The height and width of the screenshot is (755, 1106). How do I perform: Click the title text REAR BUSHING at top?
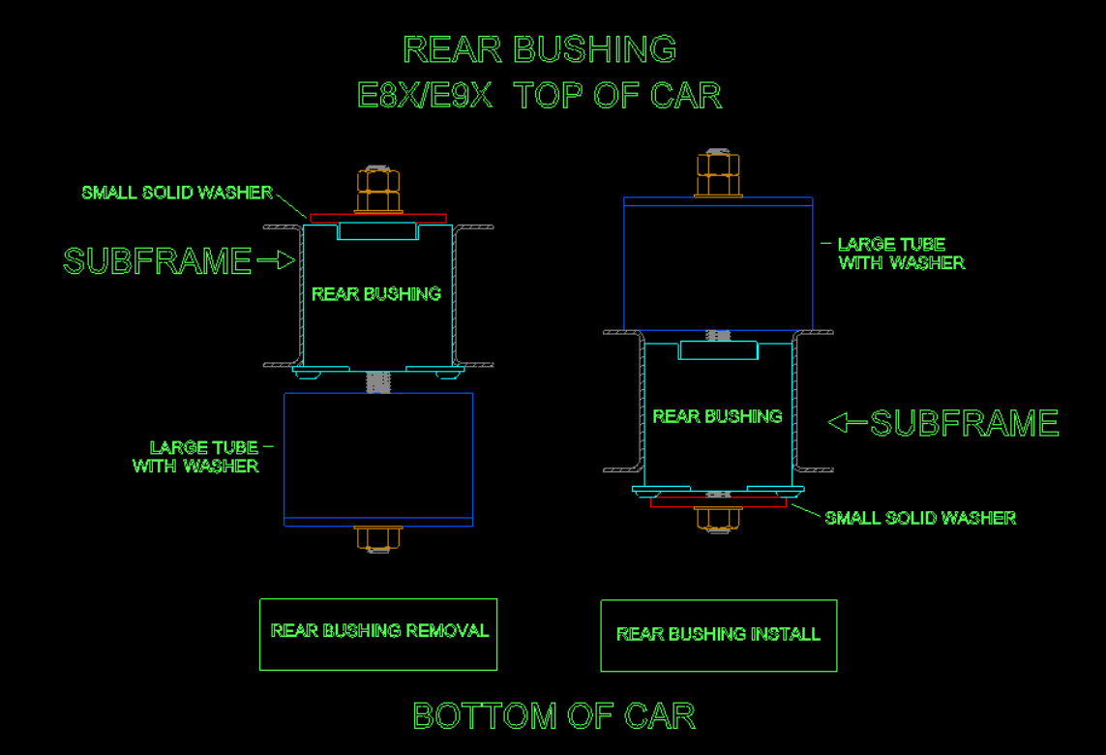click(x=540, y=49)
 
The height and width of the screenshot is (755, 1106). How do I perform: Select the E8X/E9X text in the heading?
click(x=425, y=95)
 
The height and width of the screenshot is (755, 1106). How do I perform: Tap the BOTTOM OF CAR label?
click(x=553, y=716)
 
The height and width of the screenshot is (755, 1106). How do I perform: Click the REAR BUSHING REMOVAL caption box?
click(x=378, y=634)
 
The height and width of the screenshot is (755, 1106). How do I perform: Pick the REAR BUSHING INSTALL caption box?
click(x=719, y=635)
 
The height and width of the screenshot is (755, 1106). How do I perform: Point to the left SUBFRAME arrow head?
click(x=286, y=260)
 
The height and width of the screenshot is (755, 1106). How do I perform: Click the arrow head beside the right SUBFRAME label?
click(x=837, y=423)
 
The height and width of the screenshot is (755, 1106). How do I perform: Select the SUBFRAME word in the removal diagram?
click(x=158, y=261)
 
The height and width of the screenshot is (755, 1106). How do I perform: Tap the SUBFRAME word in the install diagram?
click(x=964, y=423)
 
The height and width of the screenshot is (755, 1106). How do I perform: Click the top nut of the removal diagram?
click(x=378, y=189)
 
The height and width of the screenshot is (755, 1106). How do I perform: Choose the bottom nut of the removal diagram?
click(x=378, y=538)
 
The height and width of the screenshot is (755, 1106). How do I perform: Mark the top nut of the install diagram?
click(x=718, y=173)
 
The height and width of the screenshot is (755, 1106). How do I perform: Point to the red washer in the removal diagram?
click(x=378, y=218)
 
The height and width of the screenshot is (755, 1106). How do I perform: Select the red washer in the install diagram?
click(x=718, y=502)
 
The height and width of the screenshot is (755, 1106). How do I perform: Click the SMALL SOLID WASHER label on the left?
click(x=177, y=193)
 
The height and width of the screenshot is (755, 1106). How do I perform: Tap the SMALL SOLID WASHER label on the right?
click(x=920, y=518)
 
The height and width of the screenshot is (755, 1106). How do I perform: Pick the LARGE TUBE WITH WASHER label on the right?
click(x=902, y=254)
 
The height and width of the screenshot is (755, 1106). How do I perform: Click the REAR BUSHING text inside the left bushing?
click(x=376, y=293)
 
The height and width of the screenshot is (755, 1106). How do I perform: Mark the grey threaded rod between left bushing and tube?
click(x=378, y=381)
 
